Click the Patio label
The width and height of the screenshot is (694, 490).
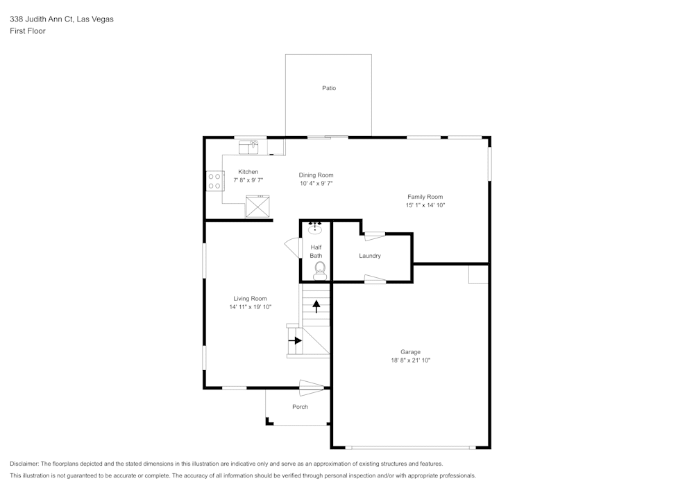tap(329, 89)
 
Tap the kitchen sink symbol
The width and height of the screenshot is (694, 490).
tap(248, 147)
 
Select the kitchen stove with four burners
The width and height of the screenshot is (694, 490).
tap(214, 181)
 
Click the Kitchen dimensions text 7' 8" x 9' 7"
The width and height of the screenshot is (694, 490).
tap(248, 180)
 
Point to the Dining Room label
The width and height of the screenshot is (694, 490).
tap(316, 175)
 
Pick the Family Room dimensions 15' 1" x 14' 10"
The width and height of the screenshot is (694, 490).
tap(425, 205)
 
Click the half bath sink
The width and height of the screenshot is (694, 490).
tap(315, 227)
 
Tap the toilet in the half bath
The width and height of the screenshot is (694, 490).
tap(319, 271)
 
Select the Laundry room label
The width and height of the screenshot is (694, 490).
tap(370, 256)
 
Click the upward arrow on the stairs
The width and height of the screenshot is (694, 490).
tap(316, 306)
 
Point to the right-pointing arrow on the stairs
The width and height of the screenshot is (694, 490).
tap(295, 341)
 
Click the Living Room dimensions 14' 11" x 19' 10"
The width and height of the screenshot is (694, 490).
tap(250, 307)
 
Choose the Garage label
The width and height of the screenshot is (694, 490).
tap(410, 352)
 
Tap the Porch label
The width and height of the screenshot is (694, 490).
tap(300, 407)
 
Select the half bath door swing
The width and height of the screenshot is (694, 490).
tap(293, 248)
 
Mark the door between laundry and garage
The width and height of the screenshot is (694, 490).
tap(375, 279)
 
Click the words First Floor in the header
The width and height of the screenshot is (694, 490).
tap(28, 31)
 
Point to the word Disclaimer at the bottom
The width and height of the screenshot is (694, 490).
tap(24, 464)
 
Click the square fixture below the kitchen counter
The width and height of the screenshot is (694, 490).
tap(257, 207)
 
